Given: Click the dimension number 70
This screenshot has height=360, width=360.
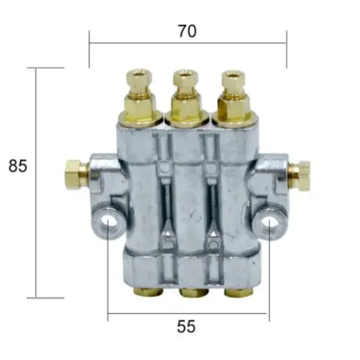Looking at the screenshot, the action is click(187, 31).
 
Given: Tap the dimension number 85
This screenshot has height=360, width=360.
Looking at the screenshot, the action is click(18, 166).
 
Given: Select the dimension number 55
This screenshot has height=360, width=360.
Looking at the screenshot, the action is click(186, 327).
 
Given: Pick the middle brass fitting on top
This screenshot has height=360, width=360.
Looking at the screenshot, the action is click(186, 98).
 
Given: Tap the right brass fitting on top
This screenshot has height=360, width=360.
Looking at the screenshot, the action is click(234, 98).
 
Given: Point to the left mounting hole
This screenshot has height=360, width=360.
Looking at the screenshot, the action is click(108, 223).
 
